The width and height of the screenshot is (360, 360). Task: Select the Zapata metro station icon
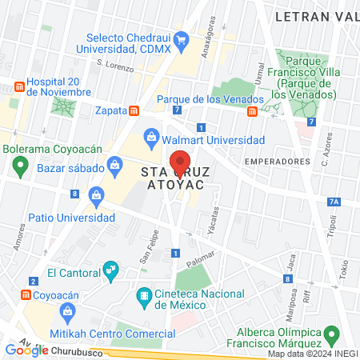click(x=134, y=110)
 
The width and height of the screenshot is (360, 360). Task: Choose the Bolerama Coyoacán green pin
click(x=20, y=167)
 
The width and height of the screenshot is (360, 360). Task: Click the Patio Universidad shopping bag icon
click(x=96, y=194)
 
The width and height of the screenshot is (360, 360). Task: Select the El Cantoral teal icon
click(x=110, y=272)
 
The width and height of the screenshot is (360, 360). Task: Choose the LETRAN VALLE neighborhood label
click(x=316, y=15)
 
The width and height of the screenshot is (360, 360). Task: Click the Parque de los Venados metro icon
click(x=252, y=111)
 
